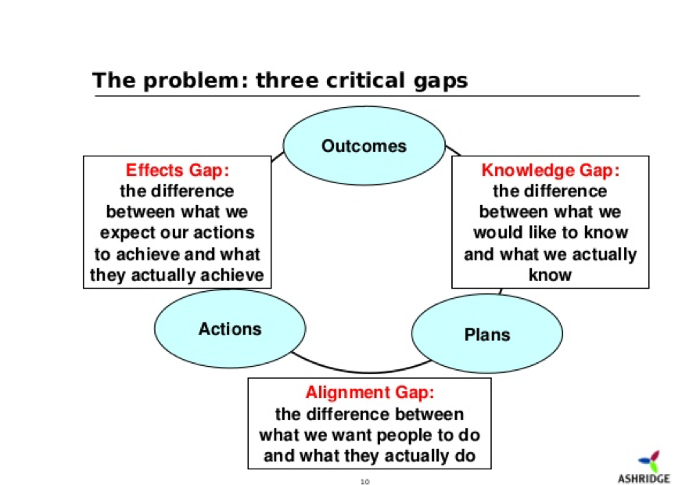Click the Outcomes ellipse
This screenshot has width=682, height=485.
click(x=364, y=145)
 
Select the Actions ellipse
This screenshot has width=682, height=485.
click(x=230, y=329)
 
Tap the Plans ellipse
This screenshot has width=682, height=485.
click(x=486, y=334)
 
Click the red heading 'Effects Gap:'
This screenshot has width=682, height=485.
click(x=178, y=170)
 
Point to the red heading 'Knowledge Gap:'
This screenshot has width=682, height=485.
click(x=550, y=170)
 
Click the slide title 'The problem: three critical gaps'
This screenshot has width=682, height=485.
click(x=280, y=81)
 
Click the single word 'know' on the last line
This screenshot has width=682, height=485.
click(x=550, y=275)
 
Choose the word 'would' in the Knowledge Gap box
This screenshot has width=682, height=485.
click(x=497, y=233)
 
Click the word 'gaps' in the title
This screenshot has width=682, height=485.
click(x=439, y=81)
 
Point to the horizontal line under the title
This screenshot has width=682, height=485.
click(x=368, y=96)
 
